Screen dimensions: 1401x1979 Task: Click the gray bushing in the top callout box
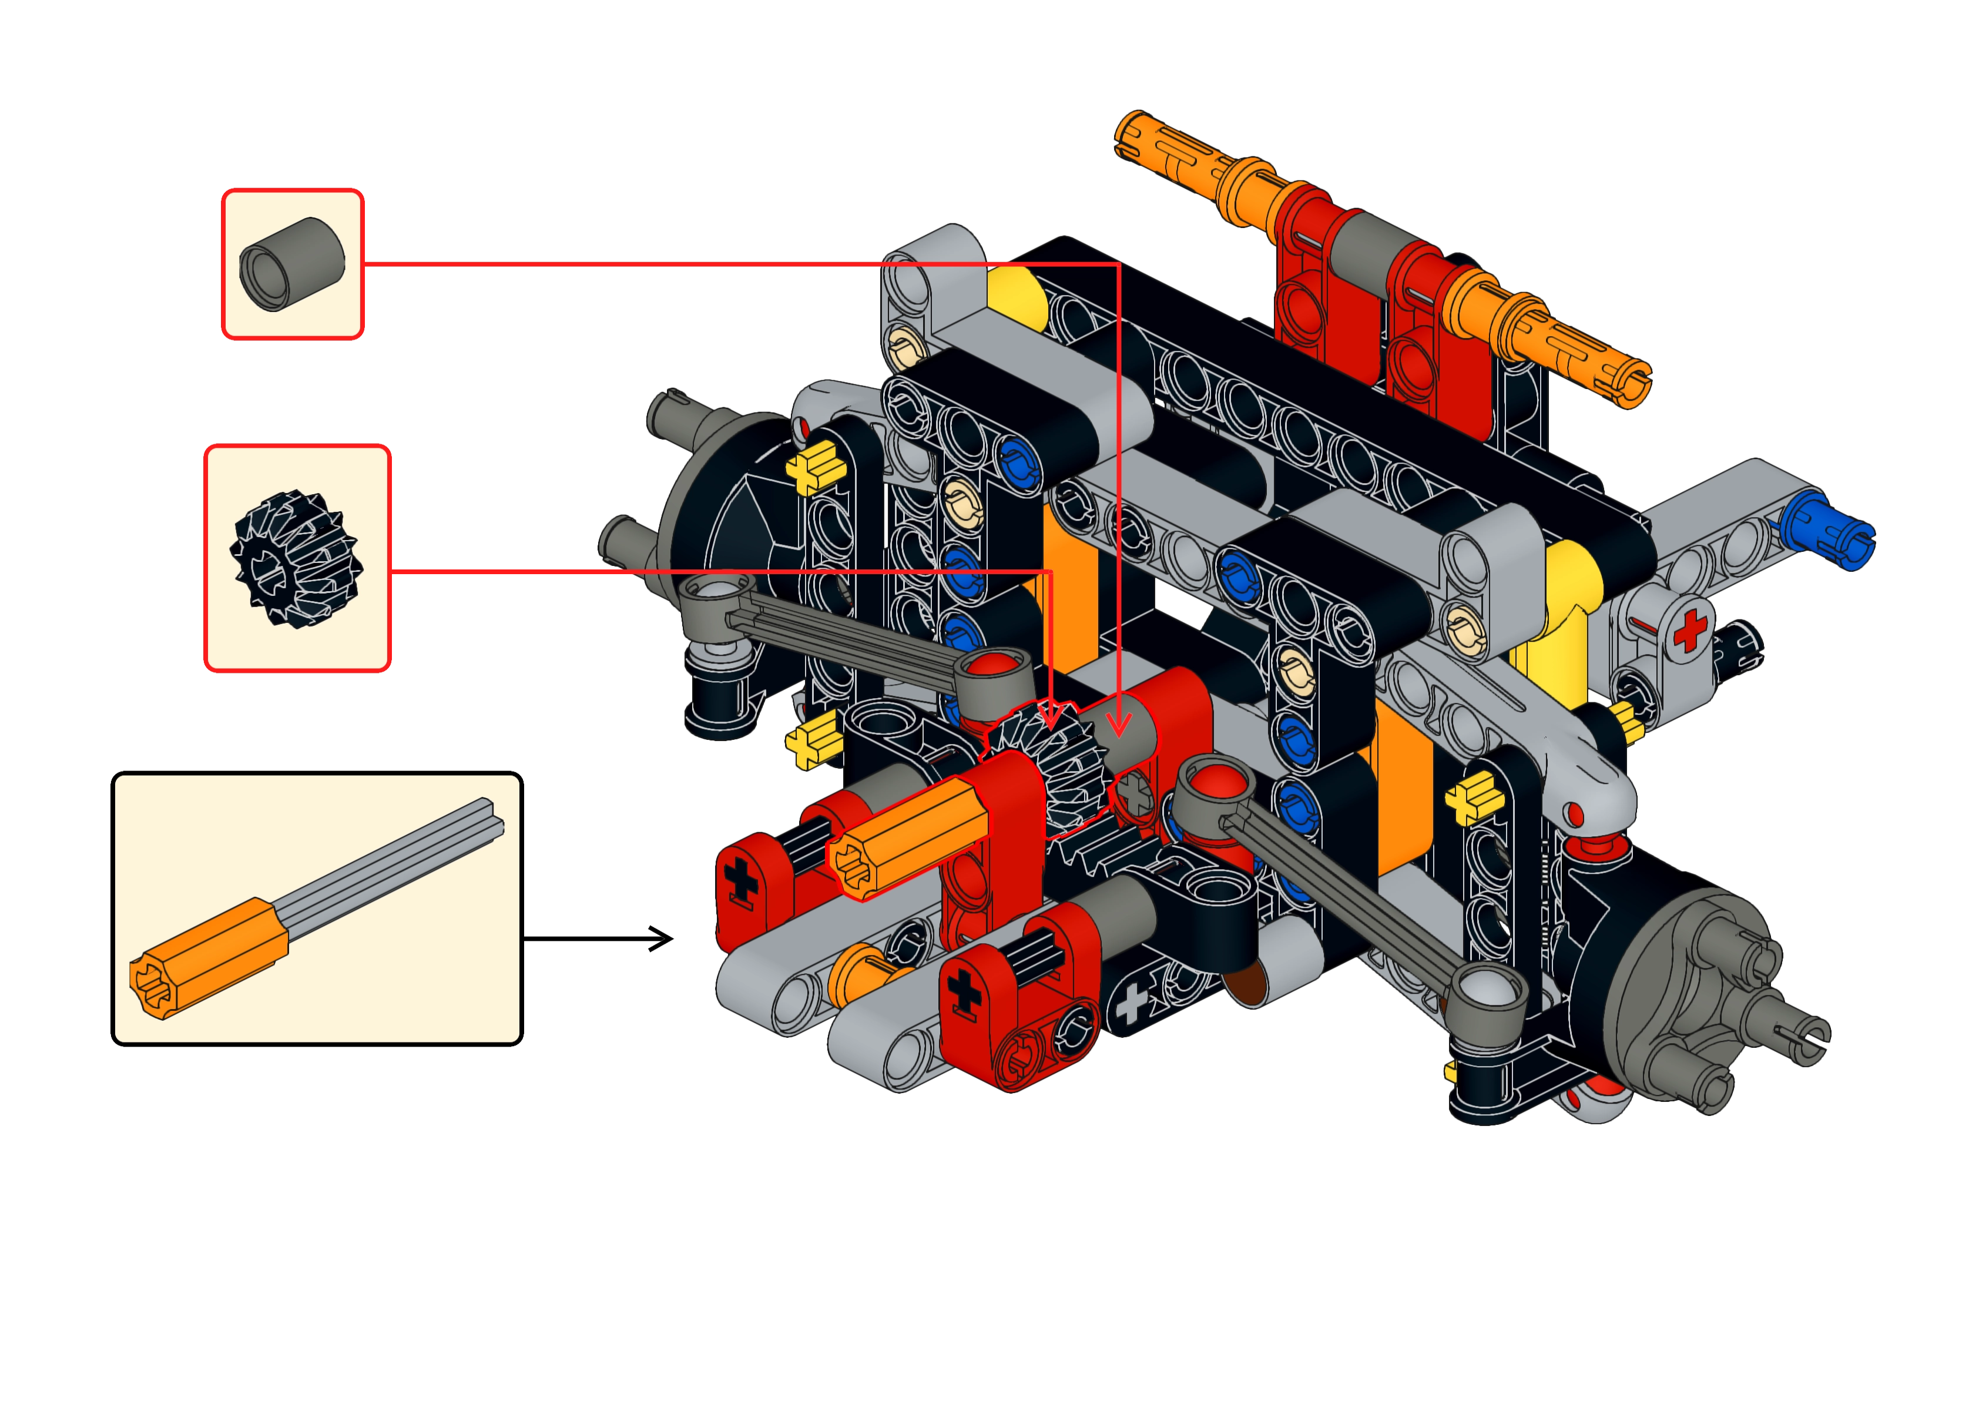coord(292,263)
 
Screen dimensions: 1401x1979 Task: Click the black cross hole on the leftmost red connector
coord(739,882)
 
